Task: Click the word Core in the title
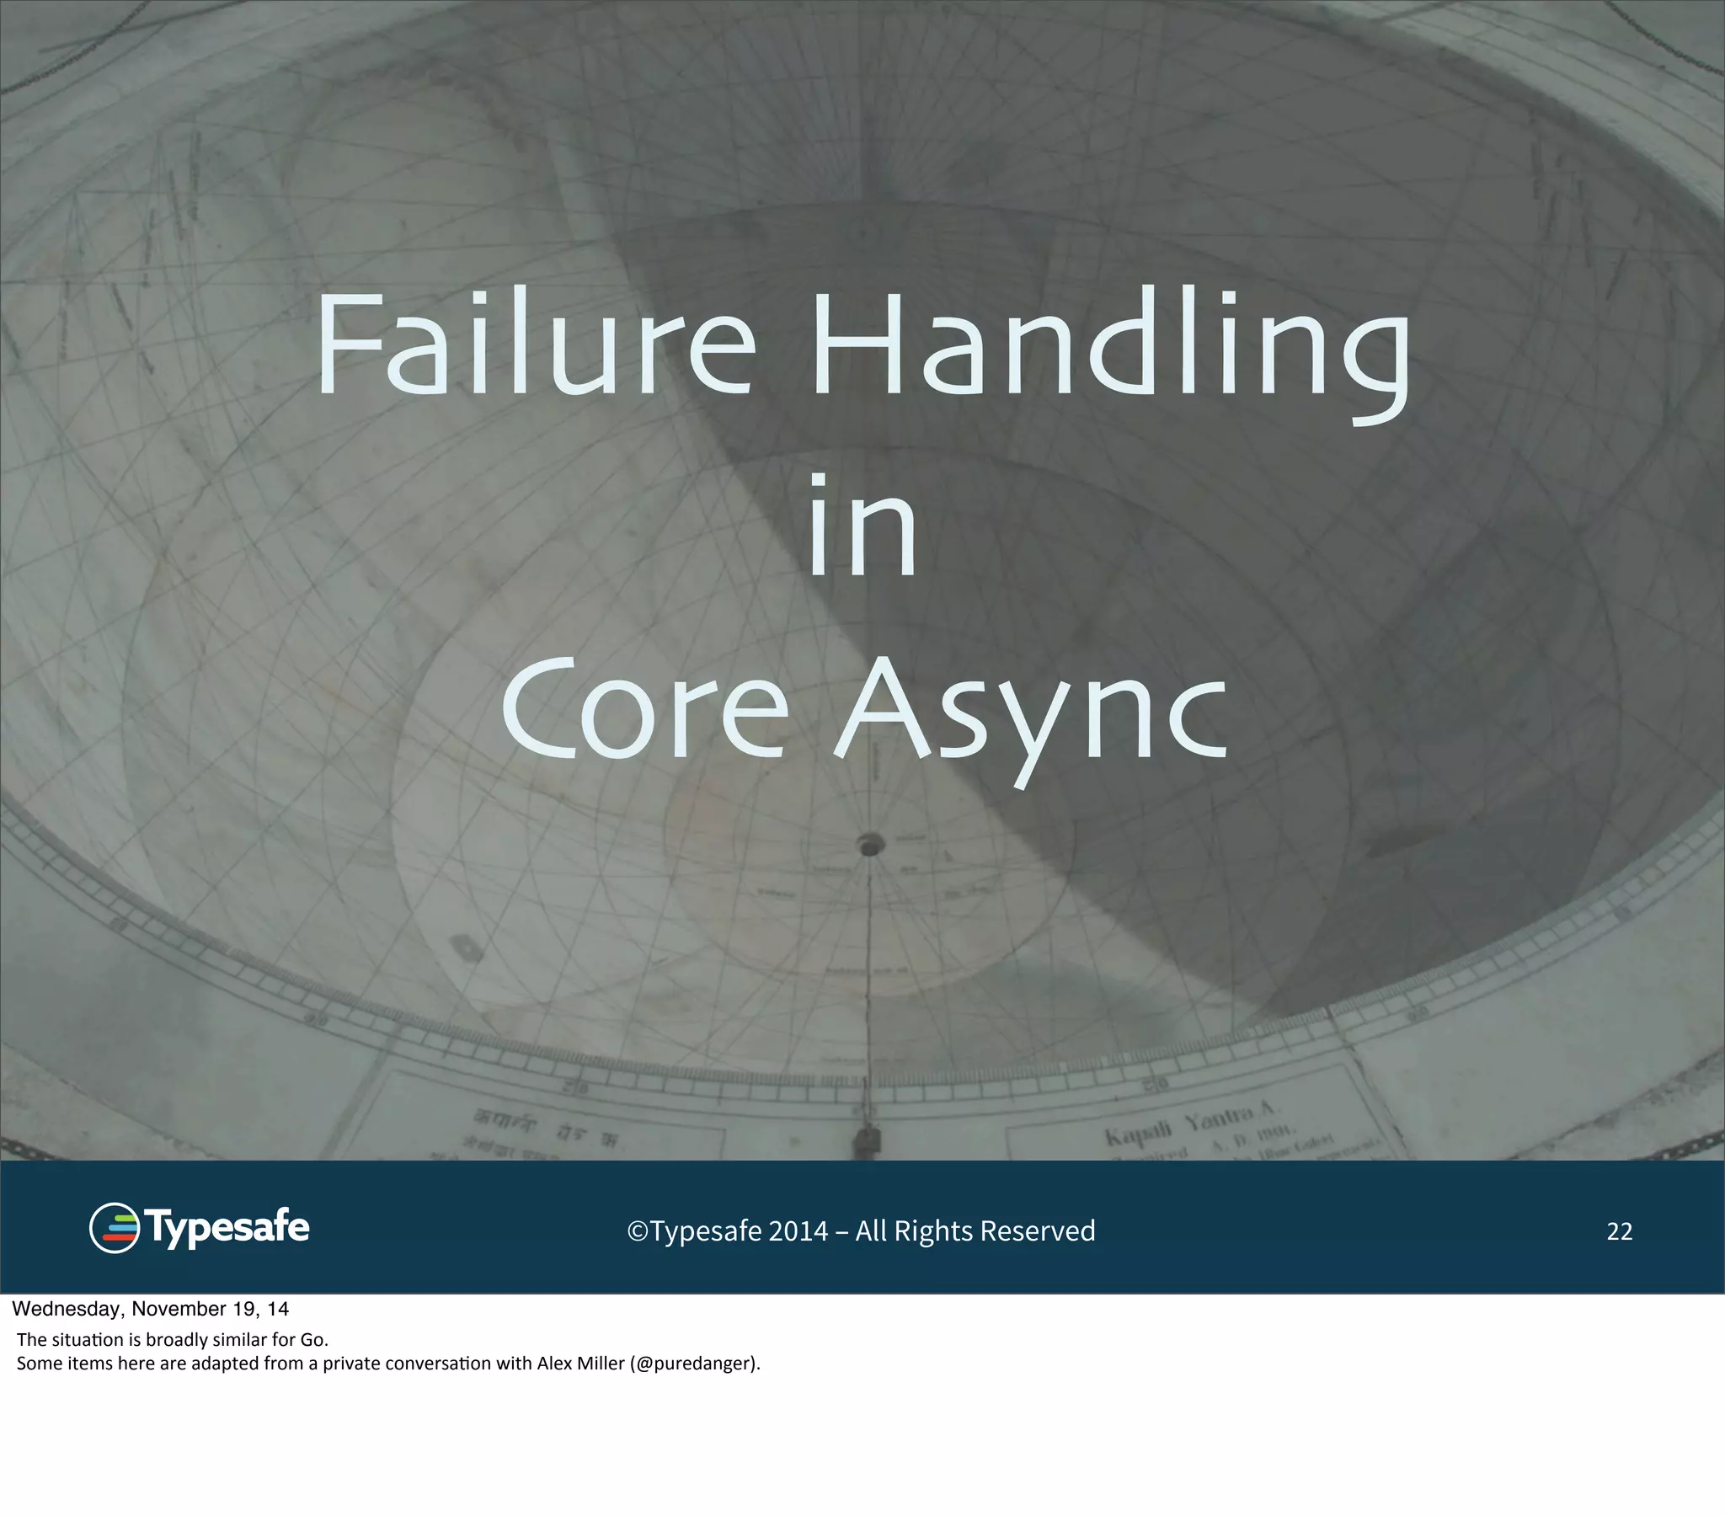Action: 644,709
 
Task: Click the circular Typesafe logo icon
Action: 114,1228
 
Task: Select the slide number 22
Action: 1619,1231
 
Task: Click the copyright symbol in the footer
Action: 637,1231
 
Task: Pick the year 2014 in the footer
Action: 798,1231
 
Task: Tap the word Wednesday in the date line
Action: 67,1309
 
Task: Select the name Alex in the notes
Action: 554,1364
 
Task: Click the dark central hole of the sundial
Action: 870,843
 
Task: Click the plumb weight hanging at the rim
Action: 867,1142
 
